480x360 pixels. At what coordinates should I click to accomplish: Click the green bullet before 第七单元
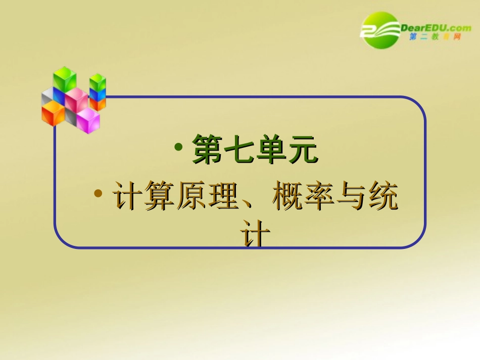(179, 147)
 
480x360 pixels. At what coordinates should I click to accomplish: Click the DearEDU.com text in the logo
(436, 28)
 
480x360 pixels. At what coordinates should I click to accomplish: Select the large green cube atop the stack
(65, 79)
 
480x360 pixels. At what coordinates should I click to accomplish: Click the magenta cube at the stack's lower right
(88, 120)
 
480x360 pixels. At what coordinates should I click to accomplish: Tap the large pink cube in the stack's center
(76, 99)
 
